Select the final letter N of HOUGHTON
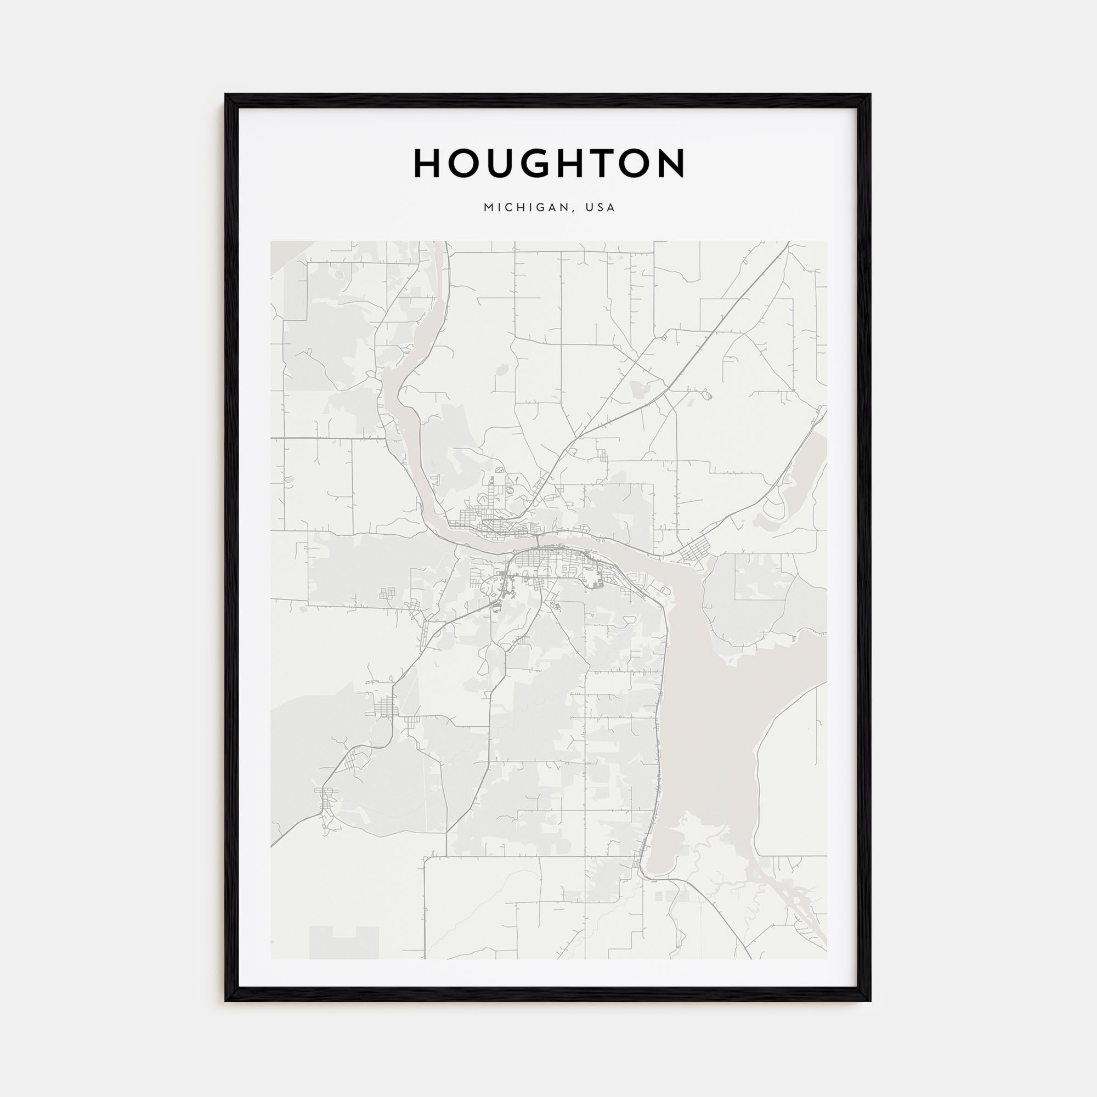click(x=669, y=163)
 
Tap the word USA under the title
click(x=601, y=208)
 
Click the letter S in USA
click(x=601, y=208)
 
